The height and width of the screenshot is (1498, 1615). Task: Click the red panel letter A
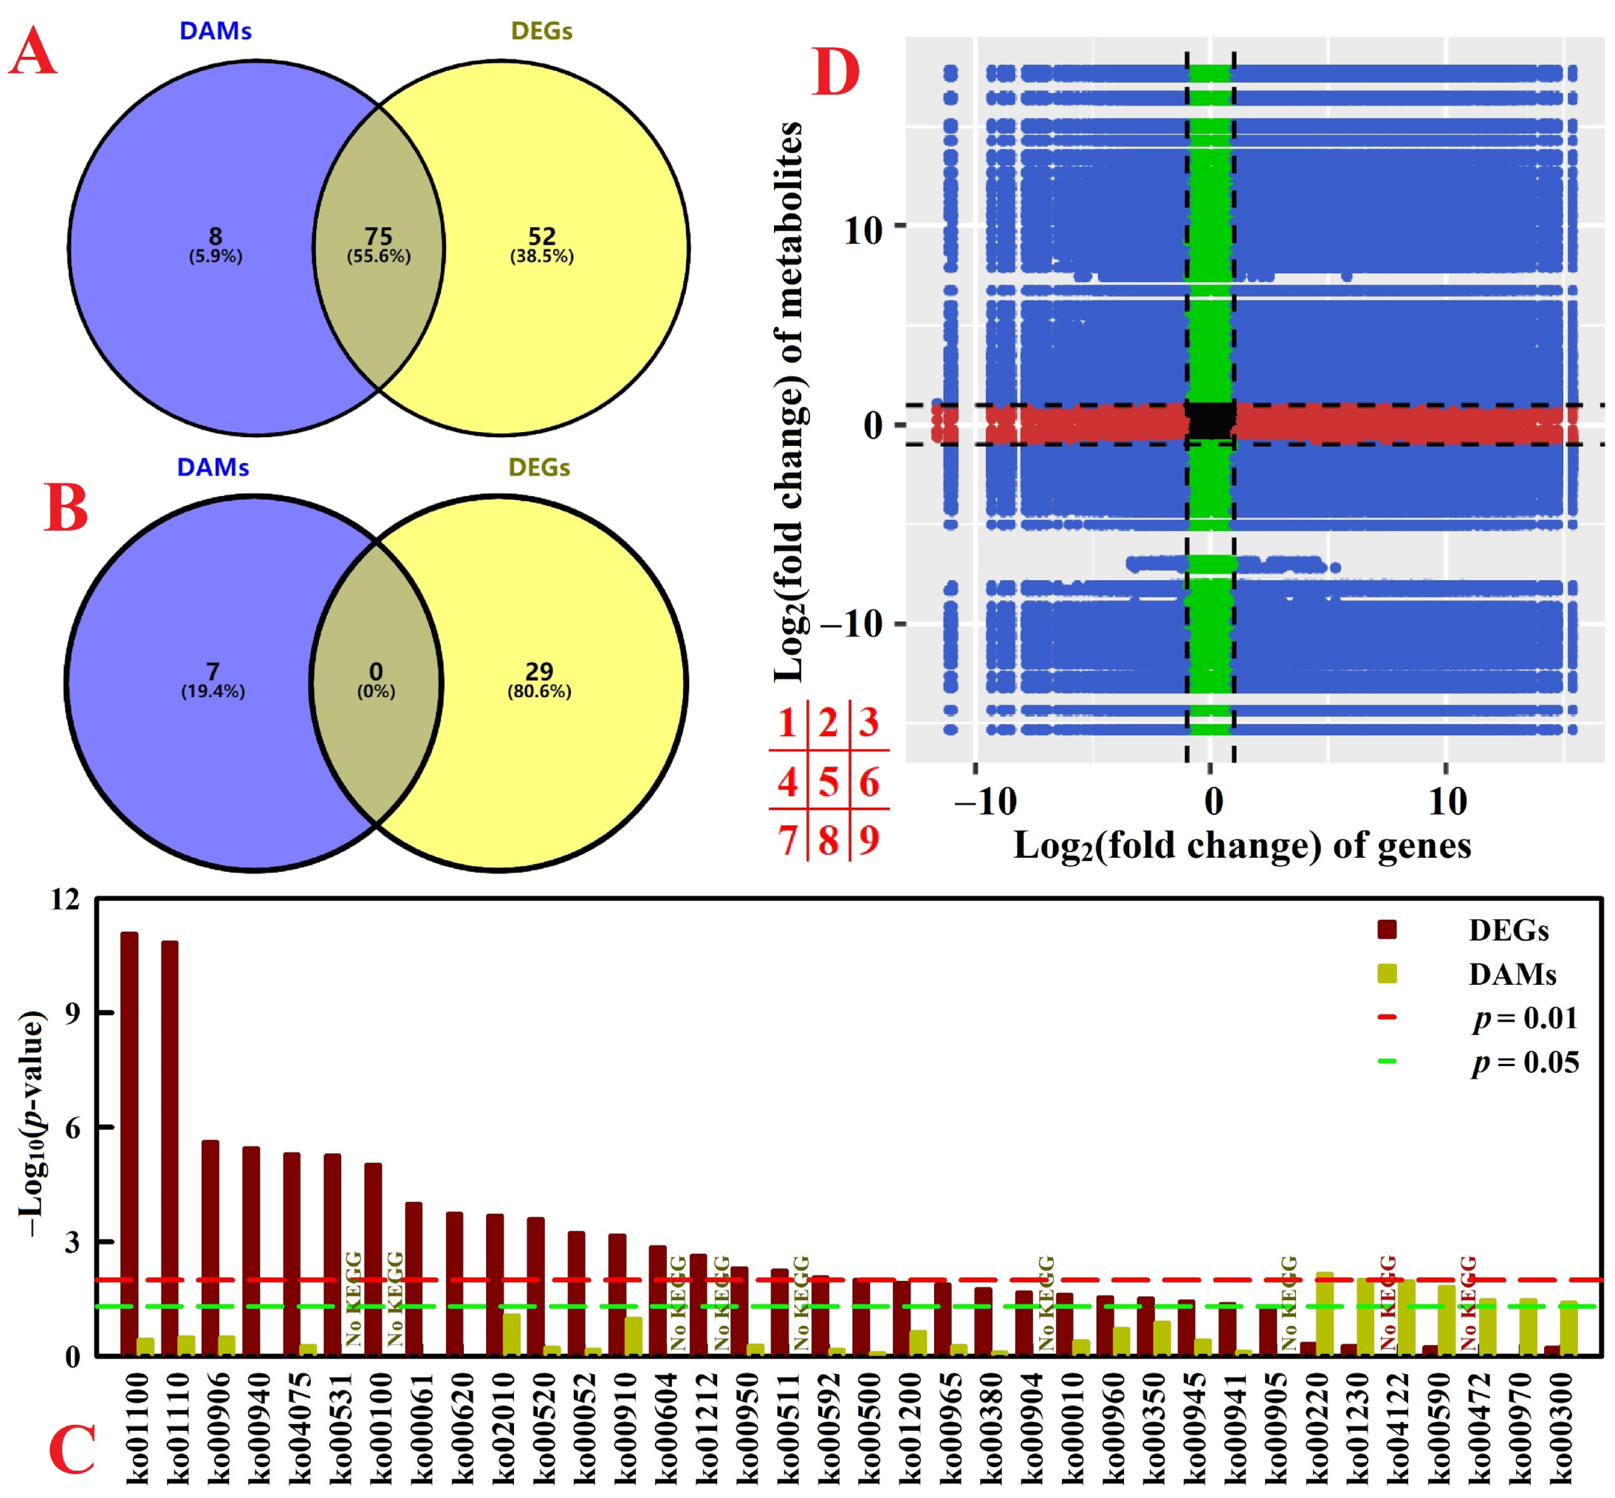click(32, 52)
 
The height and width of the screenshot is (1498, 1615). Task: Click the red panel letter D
click(834, 73)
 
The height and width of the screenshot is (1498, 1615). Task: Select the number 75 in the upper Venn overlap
click(379, 236)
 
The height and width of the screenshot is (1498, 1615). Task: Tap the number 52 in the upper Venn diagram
click(541, 236)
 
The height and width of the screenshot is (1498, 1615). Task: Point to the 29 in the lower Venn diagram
click(539, 671)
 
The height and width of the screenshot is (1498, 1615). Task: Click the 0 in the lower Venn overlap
click(376, 671)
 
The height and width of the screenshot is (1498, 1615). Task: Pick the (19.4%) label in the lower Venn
click(213, 692)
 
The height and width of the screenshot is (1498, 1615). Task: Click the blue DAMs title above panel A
click(215, 31)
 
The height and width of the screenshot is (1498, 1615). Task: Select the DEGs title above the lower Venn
click(539, 468)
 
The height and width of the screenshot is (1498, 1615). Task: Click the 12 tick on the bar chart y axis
click(65, 900)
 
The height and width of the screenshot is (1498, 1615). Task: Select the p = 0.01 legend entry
click(1525, 1018)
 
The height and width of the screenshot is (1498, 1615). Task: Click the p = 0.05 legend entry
click(1525, 1062)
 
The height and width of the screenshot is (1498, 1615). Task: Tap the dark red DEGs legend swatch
click(1386, 930)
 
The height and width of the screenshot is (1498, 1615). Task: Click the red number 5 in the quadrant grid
click(828, 783)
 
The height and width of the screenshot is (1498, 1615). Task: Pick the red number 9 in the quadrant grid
click(869, 839)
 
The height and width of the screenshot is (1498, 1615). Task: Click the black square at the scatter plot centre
click(1210, 421)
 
